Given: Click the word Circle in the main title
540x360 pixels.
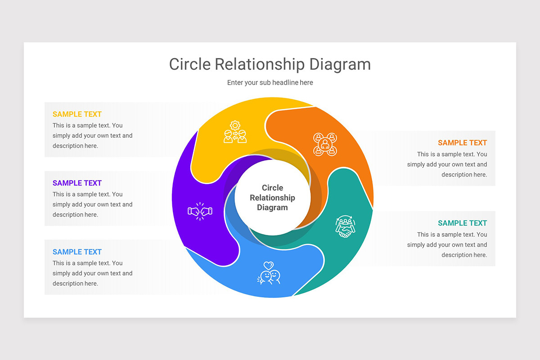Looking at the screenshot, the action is pos(190,64).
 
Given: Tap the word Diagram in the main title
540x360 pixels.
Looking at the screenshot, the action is pos(340,65).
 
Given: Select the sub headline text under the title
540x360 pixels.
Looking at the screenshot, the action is pos(270,83).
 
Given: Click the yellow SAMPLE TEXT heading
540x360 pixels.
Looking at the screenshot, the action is pos(77,114).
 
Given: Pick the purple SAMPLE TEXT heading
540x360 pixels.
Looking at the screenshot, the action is pos(77,183).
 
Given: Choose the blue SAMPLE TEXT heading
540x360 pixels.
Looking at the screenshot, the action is pos(77,252).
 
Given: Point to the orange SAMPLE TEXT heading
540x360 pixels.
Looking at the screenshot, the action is pos(463,143).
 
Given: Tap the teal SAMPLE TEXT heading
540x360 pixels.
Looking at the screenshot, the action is pos(463,223).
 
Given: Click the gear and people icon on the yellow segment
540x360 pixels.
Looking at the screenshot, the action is pos(235,132).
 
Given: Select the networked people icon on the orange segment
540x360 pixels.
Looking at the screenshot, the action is pos(325,144).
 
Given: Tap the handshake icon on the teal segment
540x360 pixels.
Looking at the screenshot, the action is pos(345,227).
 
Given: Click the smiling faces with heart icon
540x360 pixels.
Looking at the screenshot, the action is pos(269,273).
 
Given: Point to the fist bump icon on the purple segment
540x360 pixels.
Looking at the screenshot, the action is pos(200,211).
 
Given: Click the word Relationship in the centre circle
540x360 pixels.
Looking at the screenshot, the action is pos(272,198).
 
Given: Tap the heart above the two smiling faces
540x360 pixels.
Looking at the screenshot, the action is pos(269,265).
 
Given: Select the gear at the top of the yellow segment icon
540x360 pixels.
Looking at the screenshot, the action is pos(235,126).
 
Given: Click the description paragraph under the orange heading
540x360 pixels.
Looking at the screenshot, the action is pos(447,164).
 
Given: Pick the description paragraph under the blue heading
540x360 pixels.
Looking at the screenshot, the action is pos(93,273).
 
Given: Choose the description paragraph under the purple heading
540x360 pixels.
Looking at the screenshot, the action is pos(93,204).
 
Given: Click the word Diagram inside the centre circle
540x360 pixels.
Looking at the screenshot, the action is pos(272,207).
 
